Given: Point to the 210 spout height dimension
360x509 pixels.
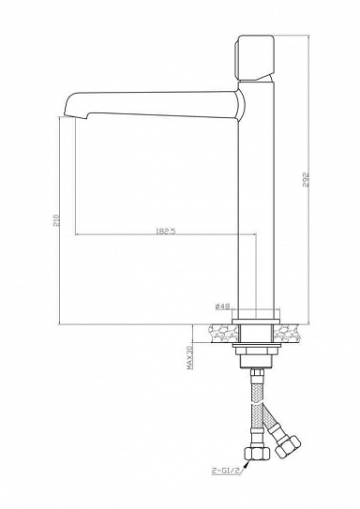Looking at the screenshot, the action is pyautogui.click(x=56, y=220).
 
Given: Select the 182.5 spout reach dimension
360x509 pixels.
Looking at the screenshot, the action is pyautogui.click(x=166, y=232).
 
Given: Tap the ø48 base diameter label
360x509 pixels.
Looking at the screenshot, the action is pyautogui.click(x=222, y=306).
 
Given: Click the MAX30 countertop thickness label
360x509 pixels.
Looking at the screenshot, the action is pyautogui.click(x=189, y=358).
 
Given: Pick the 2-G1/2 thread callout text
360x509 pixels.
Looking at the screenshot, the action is pyautogui.click(x=227, y=471).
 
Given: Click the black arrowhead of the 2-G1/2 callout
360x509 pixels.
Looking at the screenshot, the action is pyautogui.click(x=247, y=465).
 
